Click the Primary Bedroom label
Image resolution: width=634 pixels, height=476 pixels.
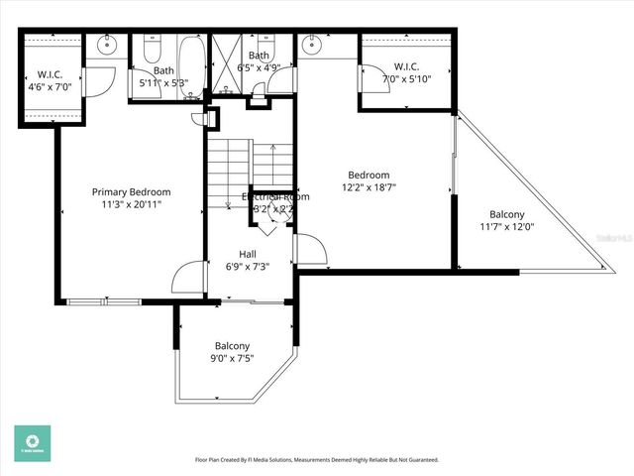pyautogui.click(x=131, y=192)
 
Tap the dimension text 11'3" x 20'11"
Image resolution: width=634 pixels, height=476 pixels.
pyautogui.click(x=131, y=204)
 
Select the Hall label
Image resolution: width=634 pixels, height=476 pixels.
pyautogui.click(x=248, y=254)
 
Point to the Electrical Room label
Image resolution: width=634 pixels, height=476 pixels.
pyautogui.click(x=275, y=196)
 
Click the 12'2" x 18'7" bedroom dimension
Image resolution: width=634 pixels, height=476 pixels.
pyautogui.click(x=367, y=186)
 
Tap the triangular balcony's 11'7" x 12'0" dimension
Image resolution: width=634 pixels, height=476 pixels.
pyautogui.click(x=506, y=226)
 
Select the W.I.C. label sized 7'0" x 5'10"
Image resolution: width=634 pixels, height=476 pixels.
pyautogui.click(x=407, y=66)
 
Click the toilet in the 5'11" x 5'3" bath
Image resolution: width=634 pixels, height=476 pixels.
pyautogui.click(x=153, y=49)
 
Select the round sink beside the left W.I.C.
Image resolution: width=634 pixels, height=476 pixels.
pyautogui.click(x=106, y=45)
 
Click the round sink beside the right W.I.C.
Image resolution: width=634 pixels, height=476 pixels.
pyautogui.click(x=315, y=44)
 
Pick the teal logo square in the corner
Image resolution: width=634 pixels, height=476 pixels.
pyautogui.click(x=33, y=443)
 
